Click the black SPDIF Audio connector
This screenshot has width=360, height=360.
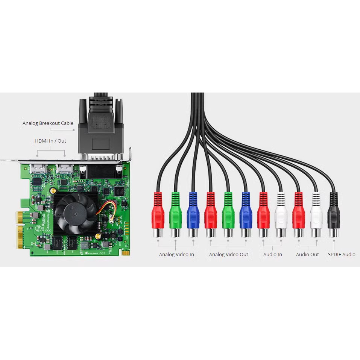coord(334,213)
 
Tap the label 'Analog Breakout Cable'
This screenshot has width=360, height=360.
coord(48,123)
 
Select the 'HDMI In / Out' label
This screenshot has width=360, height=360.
coord(50,141)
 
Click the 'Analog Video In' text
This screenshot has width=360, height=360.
coord(176,255)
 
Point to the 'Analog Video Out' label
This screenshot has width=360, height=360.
coord(229,255)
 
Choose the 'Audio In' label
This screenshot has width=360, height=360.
coord(272,255)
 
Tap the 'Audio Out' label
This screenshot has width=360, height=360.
coord(307,255)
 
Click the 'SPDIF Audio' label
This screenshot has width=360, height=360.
coord(342,255)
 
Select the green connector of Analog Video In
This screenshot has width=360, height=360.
coord(176,213)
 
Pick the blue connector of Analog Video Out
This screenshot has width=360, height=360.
coord(246,213)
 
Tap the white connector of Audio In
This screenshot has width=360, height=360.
coord(281,213)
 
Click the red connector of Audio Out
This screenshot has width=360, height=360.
coord(299,213)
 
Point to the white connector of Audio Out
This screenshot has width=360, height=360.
coord(316,213)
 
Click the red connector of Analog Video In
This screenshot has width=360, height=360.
coord(158,213)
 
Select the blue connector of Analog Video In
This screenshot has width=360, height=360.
coord(193,213)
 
